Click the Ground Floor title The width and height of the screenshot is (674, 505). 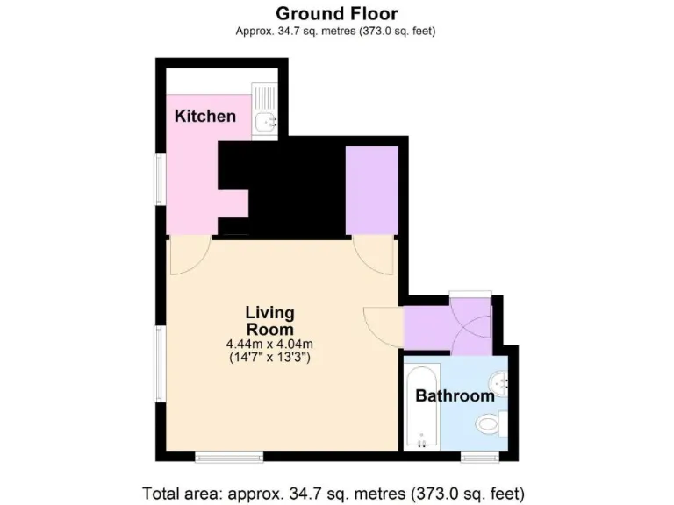point(336,13)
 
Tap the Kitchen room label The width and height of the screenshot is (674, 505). point(204,116)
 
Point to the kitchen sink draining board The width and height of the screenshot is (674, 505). point(264,96)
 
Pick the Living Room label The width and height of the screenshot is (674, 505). point(269,320)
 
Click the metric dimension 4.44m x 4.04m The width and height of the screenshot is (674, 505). point(269,344)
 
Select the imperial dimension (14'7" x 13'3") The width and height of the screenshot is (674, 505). point(269,358)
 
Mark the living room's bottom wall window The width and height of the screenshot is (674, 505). point(228,456)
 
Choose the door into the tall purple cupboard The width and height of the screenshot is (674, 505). point(374,253)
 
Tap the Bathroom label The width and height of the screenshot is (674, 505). point(455,395)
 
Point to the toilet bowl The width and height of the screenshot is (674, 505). point(488,425)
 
